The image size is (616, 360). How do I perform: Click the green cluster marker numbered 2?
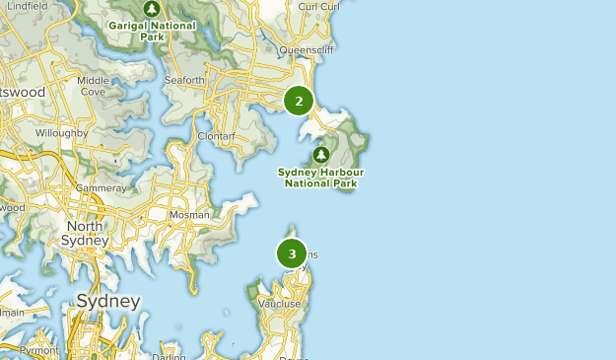click(x=298, y=101)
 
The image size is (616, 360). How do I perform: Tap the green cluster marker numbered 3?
click(x=292, y=253)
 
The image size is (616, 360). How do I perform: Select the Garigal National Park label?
click(x=152, y=30)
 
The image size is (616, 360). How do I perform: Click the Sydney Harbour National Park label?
click(x=320, y=177)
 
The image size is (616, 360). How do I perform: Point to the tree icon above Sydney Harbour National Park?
click(x=320, y=155)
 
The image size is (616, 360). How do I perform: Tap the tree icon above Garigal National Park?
click(x=152, y=9)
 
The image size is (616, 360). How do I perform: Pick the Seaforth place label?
click(x=184, y=81)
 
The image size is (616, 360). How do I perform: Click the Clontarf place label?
click(x=215, y=135)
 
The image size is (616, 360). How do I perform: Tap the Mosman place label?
click(x=190, y=214)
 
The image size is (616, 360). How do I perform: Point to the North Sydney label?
click(x=85, y=233)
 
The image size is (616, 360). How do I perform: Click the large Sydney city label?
click(x=108, y=301)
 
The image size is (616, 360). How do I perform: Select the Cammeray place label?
click(x=102, y=187)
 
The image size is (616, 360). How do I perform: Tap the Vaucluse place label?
click(x=280, y=305)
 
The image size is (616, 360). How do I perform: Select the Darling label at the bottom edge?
click(x=170, y=356)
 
